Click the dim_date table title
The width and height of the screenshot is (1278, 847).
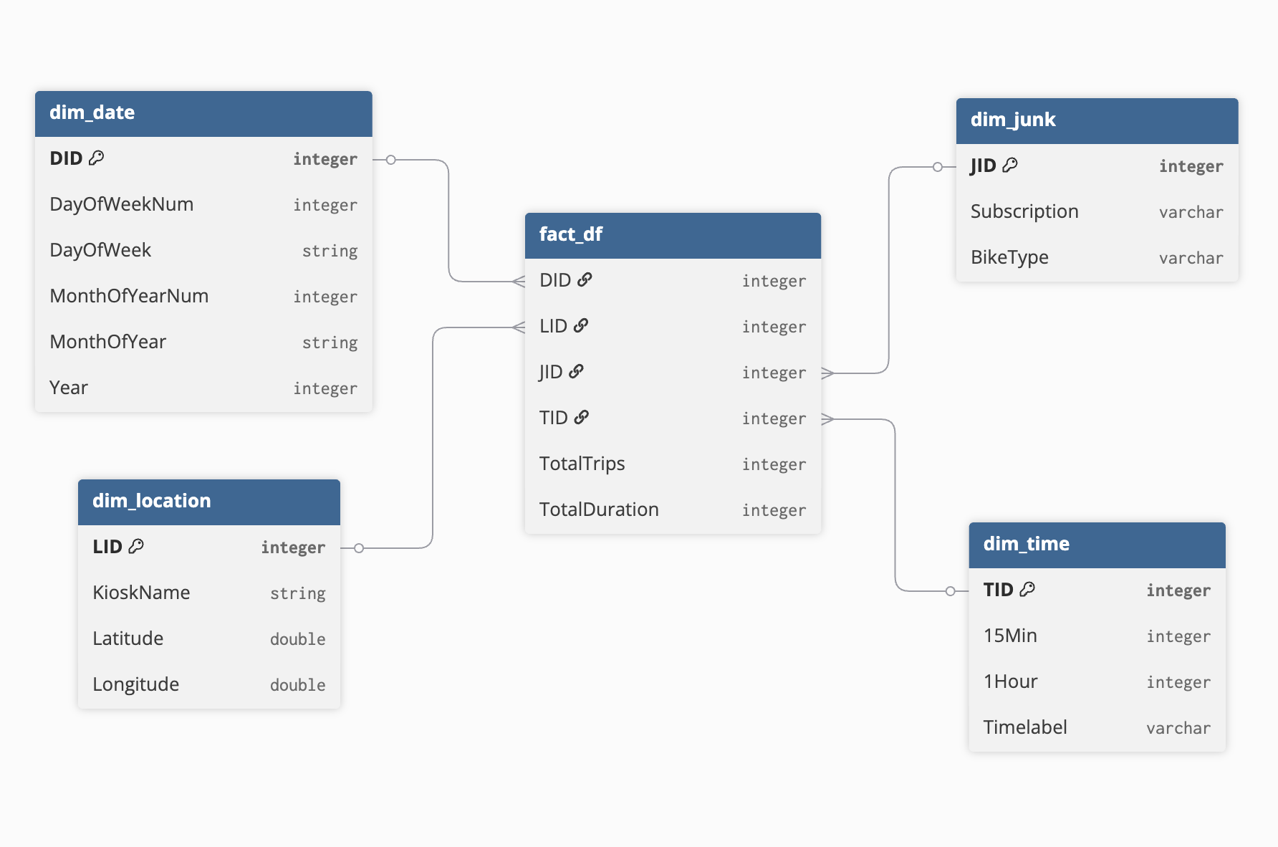pos(92,113)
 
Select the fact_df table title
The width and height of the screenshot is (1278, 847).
pos(571,234)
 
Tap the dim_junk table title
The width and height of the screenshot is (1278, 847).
pos(1013,120)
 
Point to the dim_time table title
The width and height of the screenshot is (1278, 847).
pos(1026,544)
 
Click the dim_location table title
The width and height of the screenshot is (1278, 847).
pos(152,501)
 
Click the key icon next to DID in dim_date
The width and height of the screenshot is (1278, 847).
pos(97,158)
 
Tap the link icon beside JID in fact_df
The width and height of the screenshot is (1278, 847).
pos(576,371)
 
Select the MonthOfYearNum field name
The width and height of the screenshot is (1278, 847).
pos(129,296)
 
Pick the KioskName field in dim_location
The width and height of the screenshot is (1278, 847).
pos(141,593)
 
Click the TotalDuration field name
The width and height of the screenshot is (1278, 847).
pos(599,509)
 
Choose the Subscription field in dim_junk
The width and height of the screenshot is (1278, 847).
pos(1024,211)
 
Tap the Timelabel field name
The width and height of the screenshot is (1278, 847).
pos(1025,727)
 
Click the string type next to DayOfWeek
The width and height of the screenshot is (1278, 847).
pos(330,251)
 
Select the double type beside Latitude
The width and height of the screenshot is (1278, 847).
pos(297,639)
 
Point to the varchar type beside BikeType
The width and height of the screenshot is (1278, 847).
pos(1191,258)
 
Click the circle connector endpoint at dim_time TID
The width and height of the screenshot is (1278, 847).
pos(950,591)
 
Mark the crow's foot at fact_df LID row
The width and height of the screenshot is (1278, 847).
pos(519,327)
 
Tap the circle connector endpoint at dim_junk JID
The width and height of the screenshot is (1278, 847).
pos(937,167)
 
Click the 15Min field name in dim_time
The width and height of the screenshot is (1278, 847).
pos(1010,636)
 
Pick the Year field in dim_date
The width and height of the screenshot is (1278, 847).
pos(69,388)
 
